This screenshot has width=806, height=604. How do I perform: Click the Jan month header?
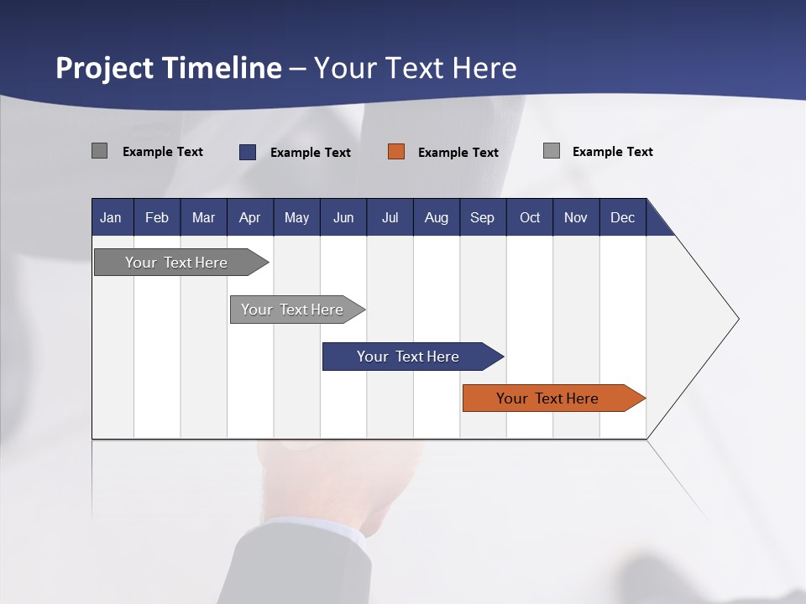[x=111, y=217]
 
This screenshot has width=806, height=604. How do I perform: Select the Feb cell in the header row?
[x=157, y=217]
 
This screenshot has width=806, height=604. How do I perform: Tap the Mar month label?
[x=203, y=217]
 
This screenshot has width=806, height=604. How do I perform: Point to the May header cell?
[x=296, y=217]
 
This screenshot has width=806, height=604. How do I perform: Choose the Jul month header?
[x=390, y=217]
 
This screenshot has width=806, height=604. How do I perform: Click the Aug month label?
[x=436, y=217]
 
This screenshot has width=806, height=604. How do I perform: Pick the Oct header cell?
[x=530, y=217]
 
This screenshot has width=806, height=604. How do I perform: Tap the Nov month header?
[x=576, y=217]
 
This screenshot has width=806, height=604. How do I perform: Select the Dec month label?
[x=622, y=217]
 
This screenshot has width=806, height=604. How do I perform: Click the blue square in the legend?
[x=248, y=152]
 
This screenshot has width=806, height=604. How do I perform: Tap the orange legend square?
[x=396, y=152]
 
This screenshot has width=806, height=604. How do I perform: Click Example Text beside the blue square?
[x=310, y=153]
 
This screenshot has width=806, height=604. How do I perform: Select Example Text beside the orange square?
[x=458, y=153]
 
